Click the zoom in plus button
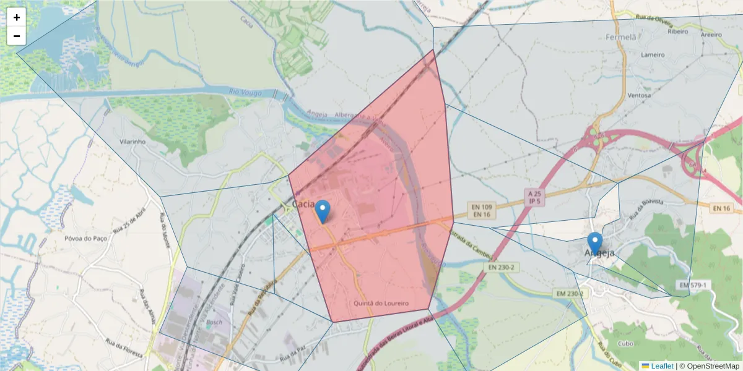coord(17,17)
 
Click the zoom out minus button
coord(17,36)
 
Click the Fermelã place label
coord(621,36)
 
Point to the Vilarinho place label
coord(132,142)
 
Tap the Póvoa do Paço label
coord(85,238)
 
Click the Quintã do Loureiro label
coord(381,304)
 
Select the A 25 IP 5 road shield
coord(535,197)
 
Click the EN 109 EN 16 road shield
coord(480,210)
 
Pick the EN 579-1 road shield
coord(692,284)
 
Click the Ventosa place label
coord(639,95)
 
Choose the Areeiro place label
coord(711,35)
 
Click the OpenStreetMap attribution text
coord(709,366)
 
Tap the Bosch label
coord(214,322)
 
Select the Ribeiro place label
coord(678,31)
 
